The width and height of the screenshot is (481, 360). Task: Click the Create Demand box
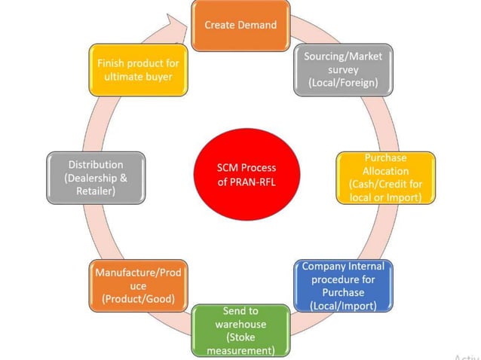(240, 26)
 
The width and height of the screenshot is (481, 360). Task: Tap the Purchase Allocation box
(385, 178)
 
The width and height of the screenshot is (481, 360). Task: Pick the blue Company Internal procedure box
(343, 286)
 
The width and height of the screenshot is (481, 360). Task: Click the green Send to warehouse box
(241, 330)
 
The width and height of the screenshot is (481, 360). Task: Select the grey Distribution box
(96, 178)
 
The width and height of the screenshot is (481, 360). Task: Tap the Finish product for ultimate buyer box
(138, 70)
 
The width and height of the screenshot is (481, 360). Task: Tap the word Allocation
(385, 171)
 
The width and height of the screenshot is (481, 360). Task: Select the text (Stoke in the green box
(241, 337)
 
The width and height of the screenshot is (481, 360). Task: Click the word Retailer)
(96, 191)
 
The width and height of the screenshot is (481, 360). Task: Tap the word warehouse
(241, 324)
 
